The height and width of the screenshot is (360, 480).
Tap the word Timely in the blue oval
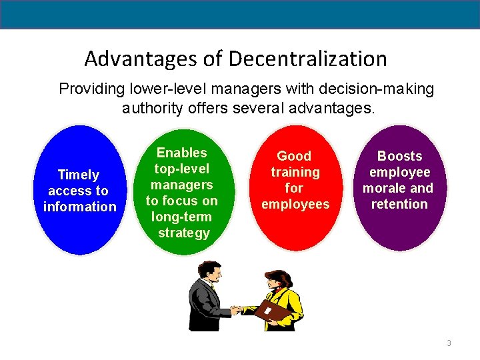[79, 175]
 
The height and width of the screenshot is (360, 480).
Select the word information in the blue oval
[79, 207]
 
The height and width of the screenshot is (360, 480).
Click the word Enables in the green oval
[181, 153]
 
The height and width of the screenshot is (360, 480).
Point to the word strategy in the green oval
[183, 233]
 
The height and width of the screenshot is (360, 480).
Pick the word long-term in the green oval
[181, 217]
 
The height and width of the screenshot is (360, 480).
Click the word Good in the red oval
[294, 156]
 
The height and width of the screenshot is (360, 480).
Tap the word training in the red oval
[295, 172]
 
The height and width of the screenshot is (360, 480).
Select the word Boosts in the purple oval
[399, 156]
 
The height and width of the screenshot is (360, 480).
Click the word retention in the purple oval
[399, 204]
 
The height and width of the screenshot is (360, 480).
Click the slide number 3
[449, 343]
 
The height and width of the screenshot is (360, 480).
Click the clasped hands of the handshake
[236, 309]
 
